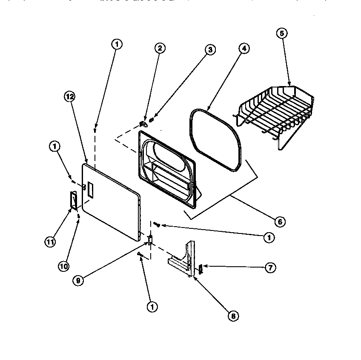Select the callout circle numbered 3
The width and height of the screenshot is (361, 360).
click(x=209, y=50)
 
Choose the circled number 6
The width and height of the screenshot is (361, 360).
click(x=280, y=222)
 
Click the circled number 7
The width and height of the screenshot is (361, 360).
click(x=270, y=268)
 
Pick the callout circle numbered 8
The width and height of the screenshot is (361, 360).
click(x=233, y=316)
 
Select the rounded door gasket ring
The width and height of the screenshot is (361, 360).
click(x=215, y=141)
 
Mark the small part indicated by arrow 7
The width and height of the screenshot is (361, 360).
click(x=201, y=268)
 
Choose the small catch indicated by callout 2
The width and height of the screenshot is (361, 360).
click(x=143, y=124)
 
